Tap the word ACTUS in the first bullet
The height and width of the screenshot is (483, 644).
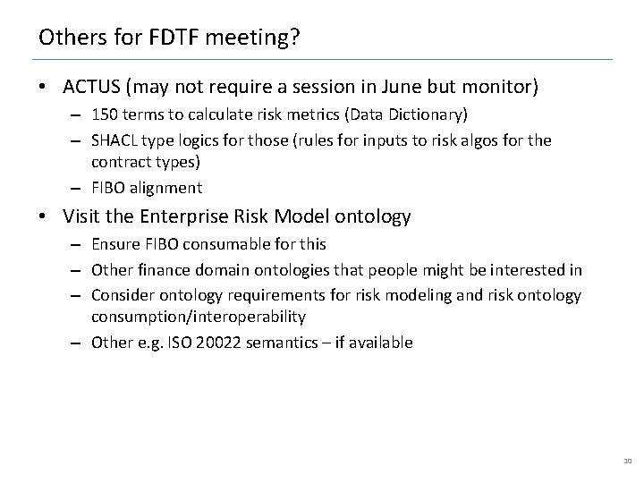tap(94, 87)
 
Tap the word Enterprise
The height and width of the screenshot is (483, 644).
tap(175, 216)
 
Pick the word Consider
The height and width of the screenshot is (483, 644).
tap(121, 294)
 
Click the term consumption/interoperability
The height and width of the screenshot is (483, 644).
tap(199, 317)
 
